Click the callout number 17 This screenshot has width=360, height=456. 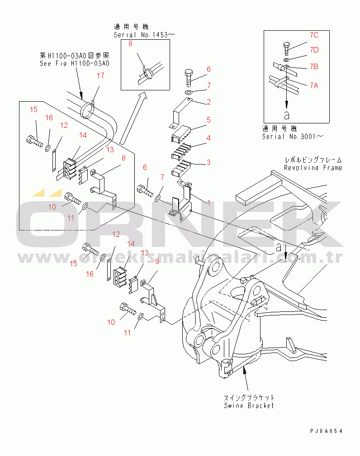coord(100,75)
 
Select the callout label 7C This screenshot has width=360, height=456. coord(314,35)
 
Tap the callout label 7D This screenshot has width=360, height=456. coord(314,49)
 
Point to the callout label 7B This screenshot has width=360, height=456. coord(314,67)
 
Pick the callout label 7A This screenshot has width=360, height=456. coord(314,85)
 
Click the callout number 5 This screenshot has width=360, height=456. coord(209,120)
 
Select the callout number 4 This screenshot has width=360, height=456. coord(209,138)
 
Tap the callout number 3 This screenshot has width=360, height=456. coord(208,162)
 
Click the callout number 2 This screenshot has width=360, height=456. coord(209,102)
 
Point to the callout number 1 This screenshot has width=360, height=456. coord(209,203)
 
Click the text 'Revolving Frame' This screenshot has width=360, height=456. coord(313,168)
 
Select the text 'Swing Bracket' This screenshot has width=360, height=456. coord(249,405)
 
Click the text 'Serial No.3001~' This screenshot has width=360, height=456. coord(294,136)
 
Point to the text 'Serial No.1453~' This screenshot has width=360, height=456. coord(144,34)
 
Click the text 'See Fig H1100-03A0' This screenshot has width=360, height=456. coord(74,64)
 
